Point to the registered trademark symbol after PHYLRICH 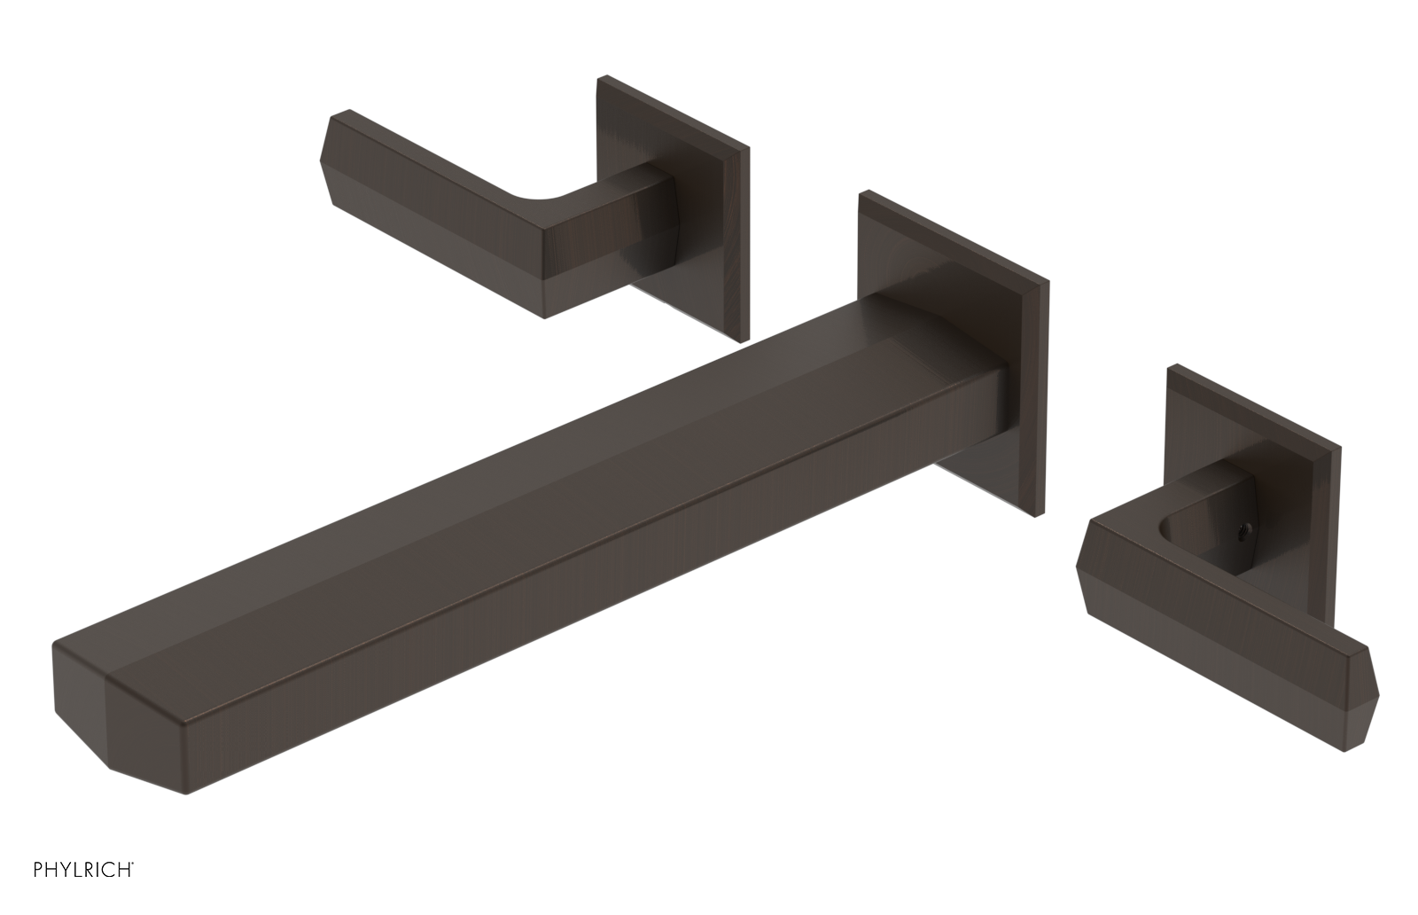133,887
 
